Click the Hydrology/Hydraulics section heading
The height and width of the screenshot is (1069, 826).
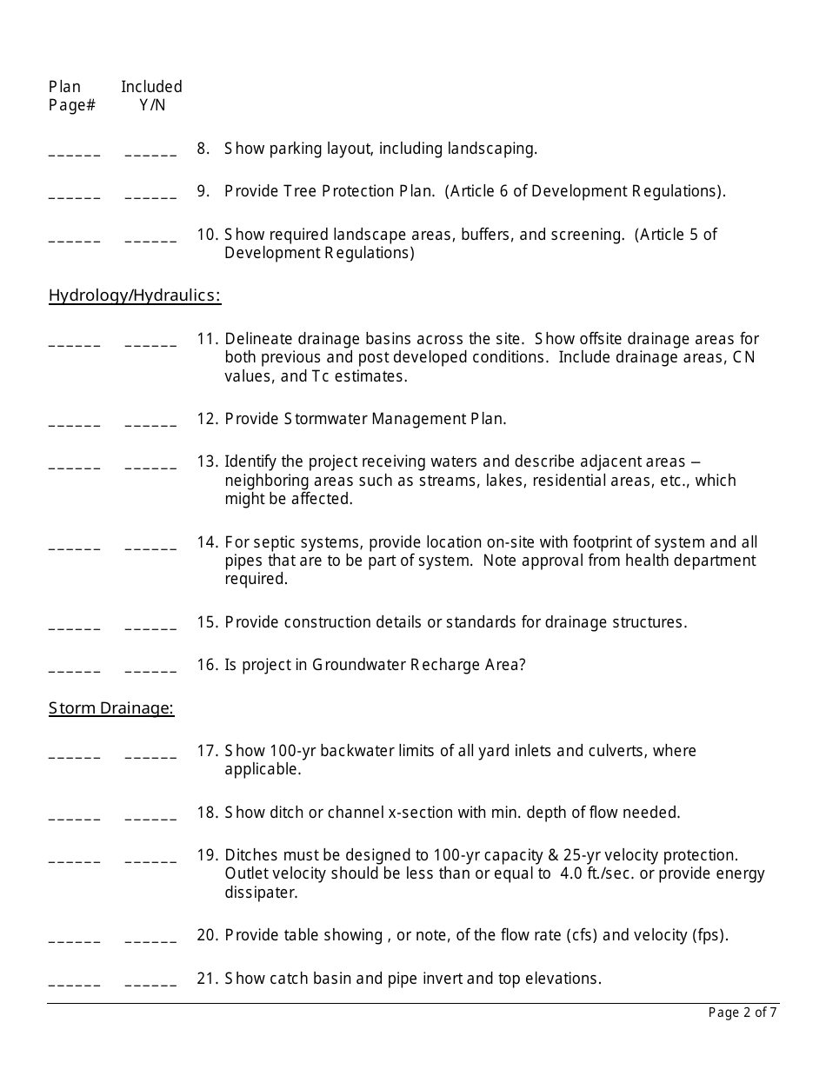click(135, 296)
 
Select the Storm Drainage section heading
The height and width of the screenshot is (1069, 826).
click(111, 708)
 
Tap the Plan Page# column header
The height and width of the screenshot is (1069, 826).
click(71, 96)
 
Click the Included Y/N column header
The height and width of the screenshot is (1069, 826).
click(151, 96)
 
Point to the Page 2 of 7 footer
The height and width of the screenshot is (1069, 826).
click(743, 1012)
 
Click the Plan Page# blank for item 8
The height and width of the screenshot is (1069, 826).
click(75, 153)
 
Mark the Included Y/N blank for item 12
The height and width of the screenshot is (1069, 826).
click(150, 423)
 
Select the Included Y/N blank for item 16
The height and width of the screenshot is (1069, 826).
click(150, 669)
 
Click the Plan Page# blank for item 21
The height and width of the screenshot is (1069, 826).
click(75, 983)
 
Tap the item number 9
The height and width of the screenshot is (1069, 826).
click(203, 191)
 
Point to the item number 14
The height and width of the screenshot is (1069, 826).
click(207, 542)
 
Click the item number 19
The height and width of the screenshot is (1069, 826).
click(207, 855)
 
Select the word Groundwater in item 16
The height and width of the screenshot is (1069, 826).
click(359, 665)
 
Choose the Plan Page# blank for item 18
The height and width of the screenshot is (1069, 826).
click(75, 817)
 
